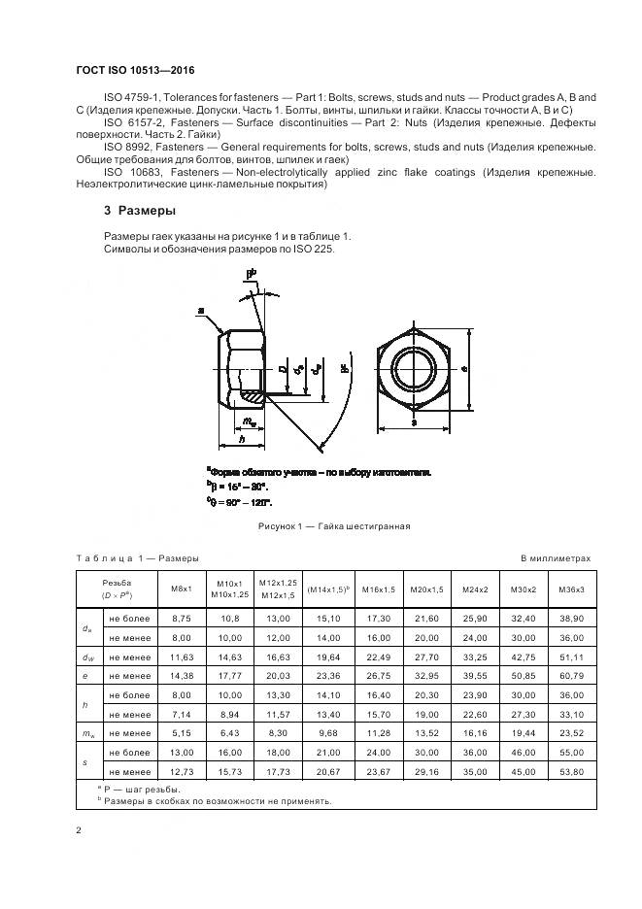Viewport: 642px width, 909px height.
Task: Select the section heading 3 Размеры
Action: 140,211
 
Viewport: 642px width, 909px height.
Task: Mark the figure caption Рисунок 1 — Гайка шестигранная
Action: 334,526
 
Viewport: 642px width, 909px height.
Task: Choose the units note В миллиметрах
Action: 555,558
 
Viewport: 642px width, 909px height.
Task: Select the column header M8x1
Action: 182,589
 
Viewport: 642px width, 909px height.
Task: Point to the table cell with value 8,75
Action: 182,618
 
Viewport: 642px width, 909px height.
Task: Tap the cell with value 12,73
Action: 182,769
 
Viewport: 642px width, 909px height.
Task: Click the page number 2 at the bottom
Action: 79,830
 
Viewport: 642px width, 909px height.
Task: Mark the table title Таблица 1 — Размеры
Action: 137,558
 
